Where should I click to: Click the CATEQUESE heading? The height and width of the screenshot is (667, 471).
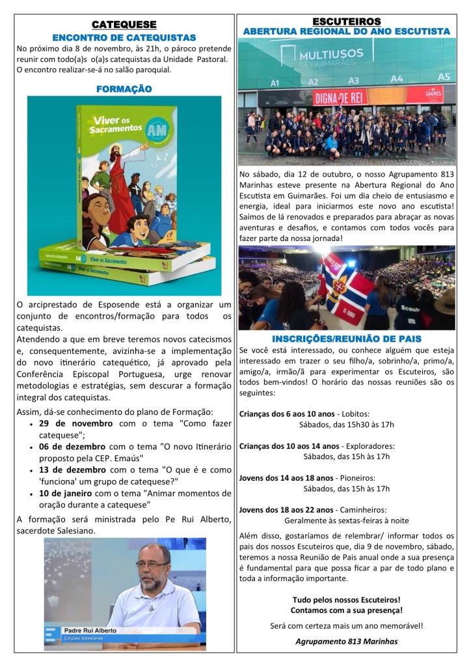click(124, 25)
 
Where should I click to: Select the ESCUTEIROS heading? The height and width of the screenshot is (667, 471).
click(346, 21)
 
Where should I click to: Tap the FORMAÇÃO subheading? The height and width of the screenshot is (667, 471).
click(124, 89)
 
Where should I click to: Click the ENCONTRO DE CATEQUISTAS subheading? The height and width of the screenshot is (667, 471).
click(124, 37)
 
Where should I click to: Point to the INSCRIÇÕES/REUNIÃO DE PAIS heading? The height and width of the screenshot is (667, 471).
click(346, 339)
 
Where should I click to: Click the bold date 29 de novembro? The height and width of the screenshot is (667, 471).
click(75, 423)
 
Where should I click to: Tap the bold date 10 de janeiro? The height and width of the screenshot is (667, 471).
click(69, 493)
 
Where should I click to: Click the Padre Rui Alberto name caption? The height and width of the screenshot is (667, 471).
click(90, 631)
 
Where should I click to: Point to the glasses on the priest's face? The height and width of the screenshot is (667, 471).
click(153, 563)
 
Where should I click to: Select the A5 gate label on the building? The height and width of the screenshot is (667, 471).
click(443, 77)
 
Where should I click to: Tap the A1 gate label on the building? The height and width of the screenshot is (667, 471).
click(275, 83)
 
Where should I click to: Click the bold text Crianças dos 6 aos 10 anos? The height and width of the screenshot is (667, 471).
click(287, 413)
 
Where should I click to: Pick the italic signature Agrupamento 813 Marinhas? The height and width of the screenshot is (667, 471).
click(346, 641)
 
